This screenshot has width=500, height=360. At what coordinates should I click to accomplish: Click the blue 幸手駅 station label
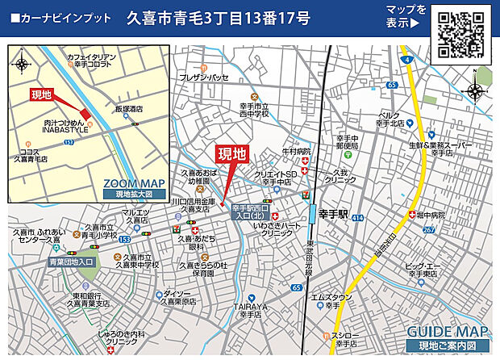[x=331, y=216]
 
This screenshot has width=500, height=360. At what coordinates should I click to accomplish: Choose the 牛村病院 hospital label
[x=296, y=151]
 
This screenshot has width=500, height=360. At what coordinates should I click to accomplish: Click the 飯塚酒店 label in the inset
[x=127, y=108]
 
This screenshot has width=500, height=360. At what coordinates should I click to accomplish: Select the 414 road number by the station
[x=357, y=219]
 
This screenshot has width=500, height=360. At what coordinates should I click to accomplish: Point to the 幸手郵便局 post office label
[x=347, y=143]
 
